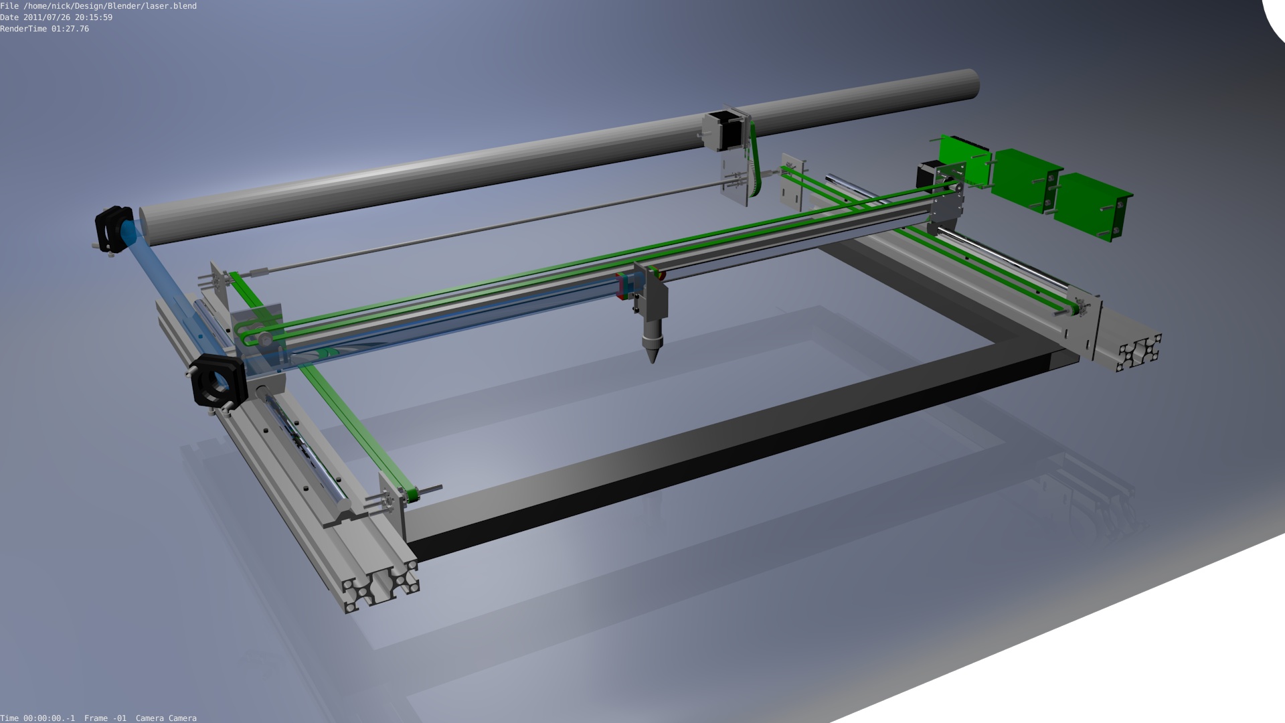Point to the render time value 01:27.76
(70, 29)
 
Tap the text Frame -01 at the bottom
(105, 718)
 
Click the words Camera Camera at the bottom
(166, 718)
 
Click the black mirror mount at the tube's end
(113, 229)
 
